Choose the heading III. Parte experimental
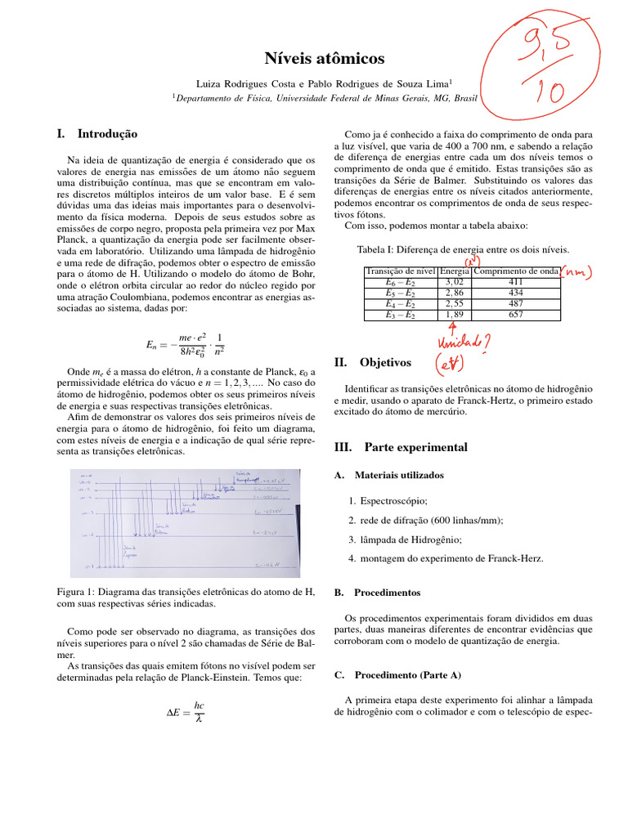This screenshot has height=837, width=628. (x=401, y=447)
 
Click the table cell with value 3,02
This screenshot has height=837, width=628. (x=454, y=281)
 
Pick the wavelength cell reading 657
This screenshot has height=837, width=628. (x=516, y=314)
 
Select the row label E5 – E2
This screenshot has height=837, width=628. (x=401, y=292)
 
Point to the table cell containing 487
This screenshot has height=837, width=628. (x=516, y=303)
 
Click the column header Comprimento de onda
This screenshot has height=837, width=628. (x=516, y=271)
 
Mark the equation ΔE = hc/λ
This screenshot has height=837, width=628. (x=185, y=711)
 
